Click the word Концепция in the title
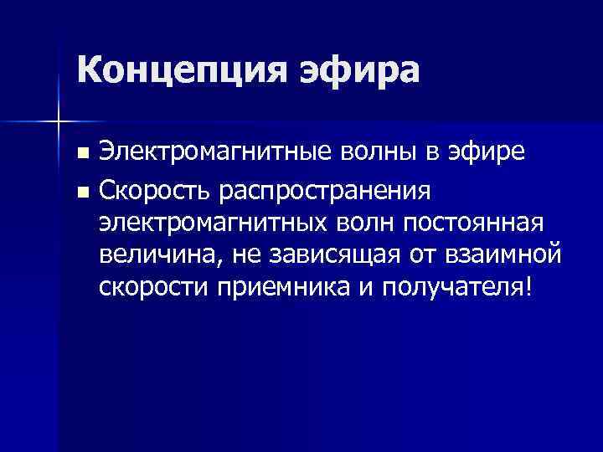coord(175,70)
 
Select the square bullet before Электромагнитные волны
coord(81,154)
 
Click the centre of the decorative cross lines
coord(58,122)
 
